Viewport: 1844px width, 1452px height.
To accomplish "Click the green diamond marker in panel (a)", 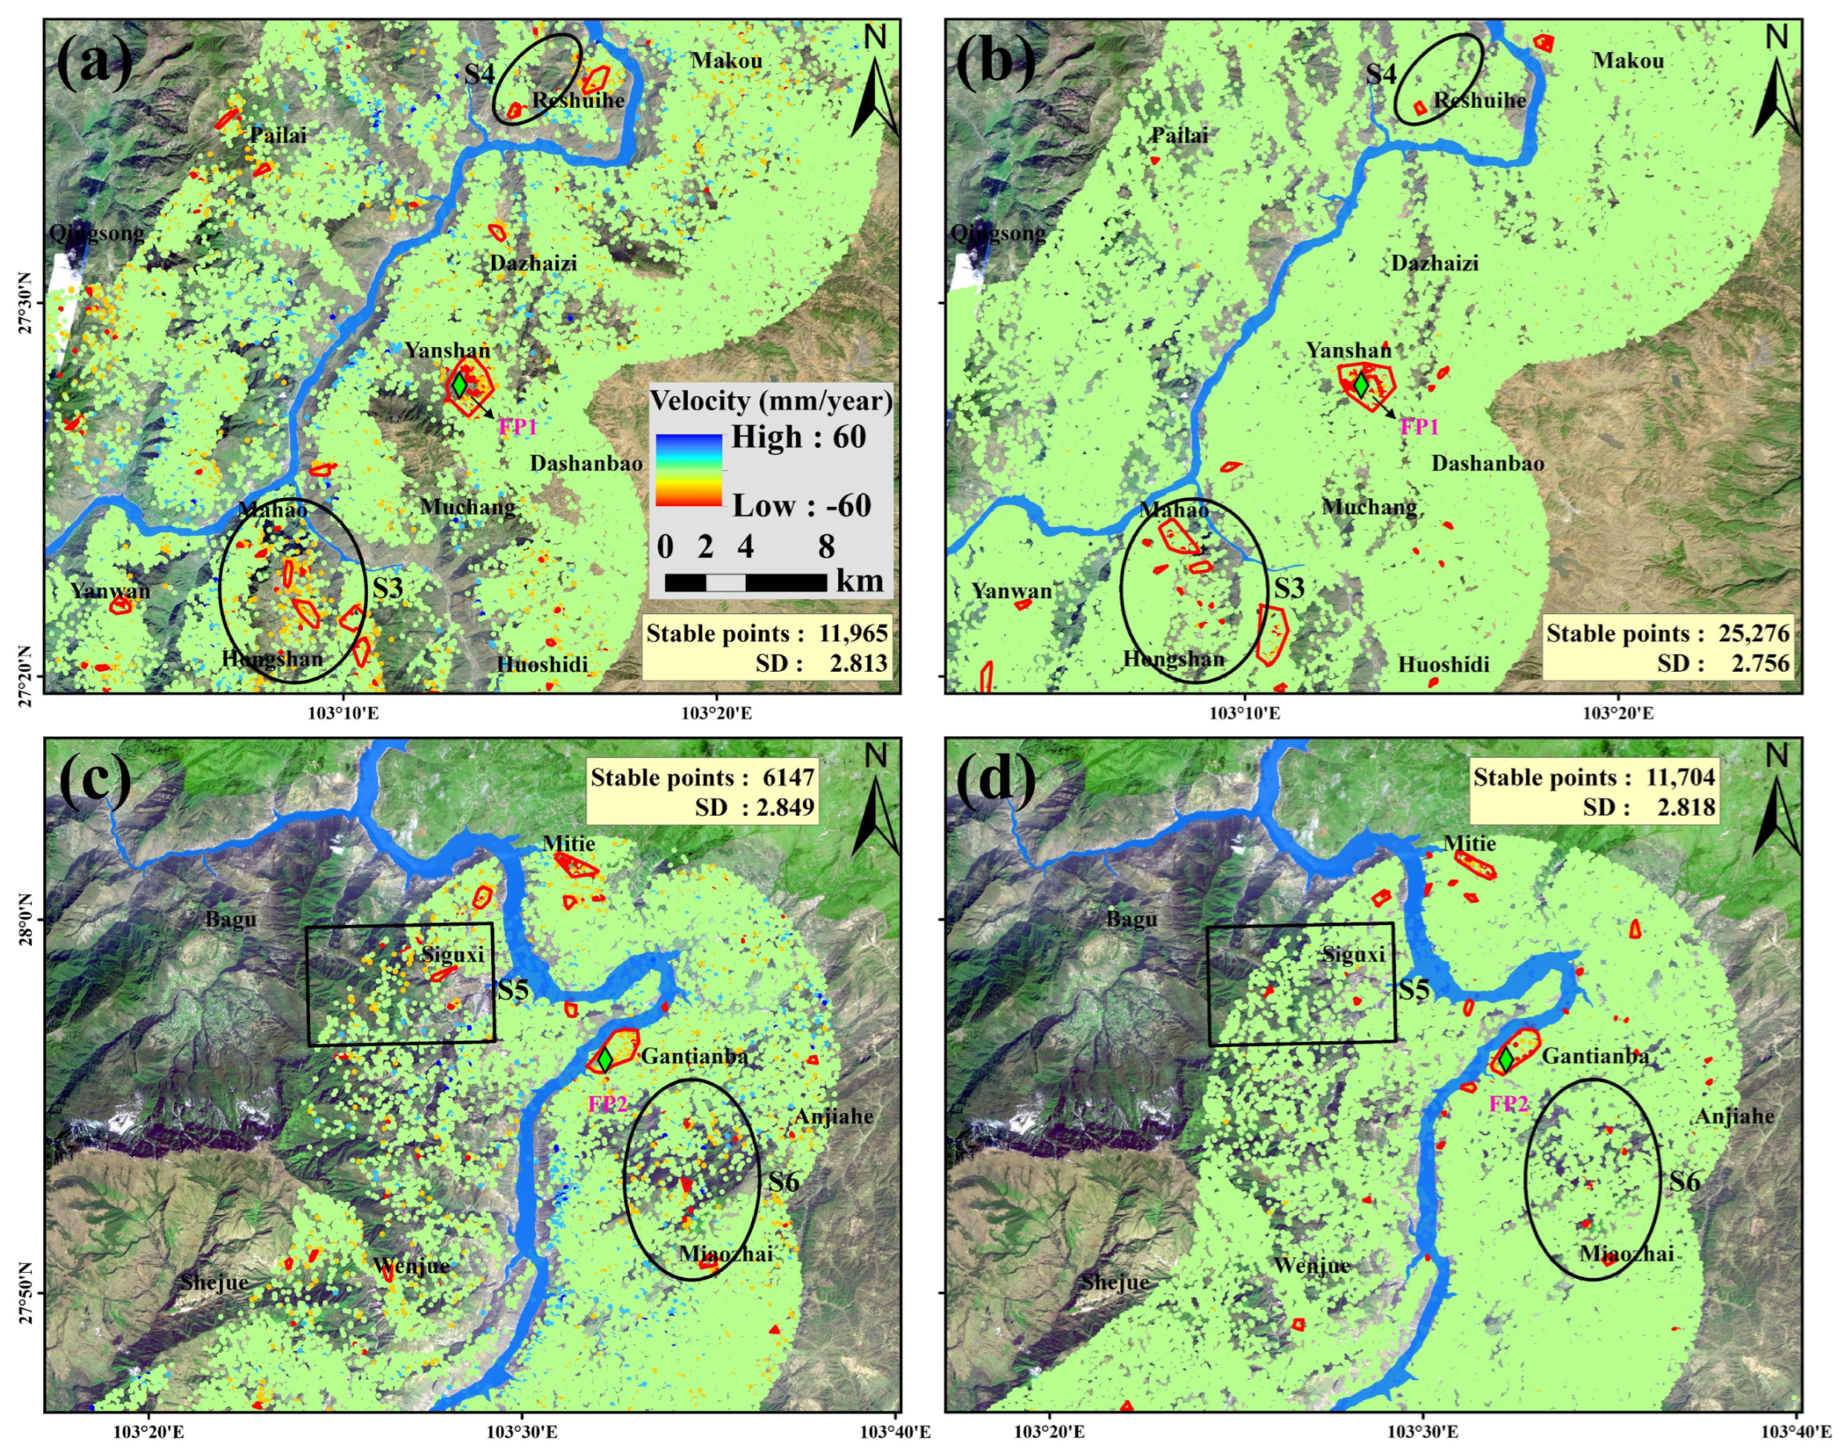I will coord(459,384).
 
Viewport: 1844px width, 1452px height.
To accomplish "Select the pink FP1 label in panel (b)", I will coord(1418,427).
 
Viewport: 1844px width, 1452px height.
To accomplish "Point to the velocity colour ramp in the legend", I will coord(688,470).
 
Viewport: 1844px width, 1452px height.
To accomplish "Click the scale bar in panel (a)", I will coord(745,583).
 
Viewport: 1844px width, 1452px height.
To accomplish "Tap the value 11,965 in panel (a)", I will coord(852,633).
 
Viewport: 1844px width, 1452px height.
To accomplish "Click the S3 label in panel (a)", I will coord(386,588).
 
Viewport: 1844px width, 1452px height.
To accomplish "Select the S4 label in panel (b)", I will coord(1380,74).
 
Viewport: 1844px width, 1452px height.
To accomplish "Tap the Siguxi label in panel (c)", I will coord(452,954).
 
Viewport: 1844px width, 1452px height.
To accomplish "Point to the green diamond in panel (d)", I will coord(1505,1060).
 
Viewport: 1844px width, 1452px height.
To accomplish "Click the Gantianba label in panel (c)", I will coord(693,1057).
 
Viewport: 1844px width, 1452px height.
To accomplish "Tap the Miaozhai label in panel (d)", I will coord(1626,1254).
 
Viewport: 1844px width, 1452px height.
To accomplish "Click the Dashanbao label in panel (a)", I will coord(586,464).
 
